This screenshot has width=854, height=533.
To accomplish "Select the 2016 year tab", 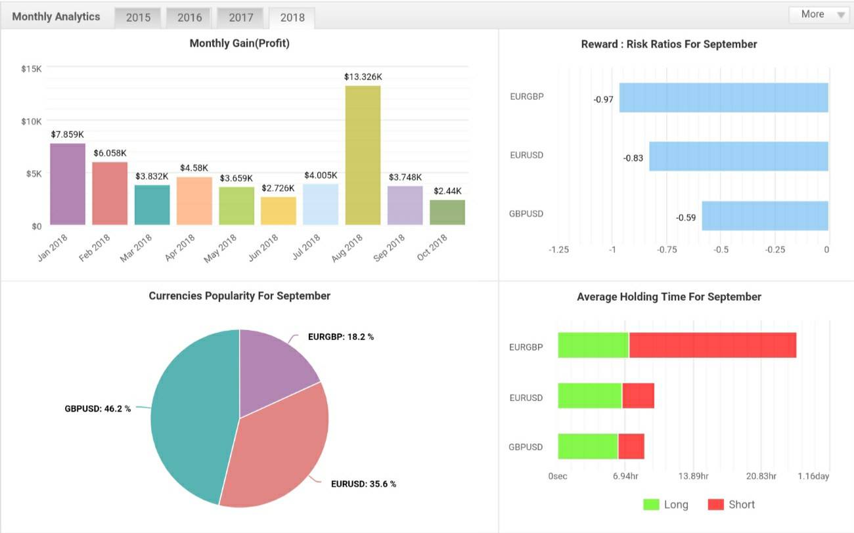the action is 189,18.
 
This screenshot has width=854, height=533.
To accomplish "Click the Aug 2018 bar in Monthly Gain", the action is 363,155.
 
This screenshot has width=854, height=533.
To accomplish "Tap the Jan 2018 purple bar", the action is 68,184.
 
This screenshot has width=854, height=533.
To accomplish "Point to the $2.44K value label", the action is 447,191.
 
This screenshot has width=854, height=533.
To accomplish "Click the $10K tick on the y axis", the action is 32,121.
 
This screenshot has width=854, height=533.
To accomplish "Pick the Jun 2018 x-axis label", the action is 263,247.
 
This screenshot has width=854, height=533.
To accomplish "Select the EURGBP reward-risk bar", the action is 724,98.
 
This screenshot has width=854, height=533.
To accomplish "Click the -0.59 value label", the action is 685,217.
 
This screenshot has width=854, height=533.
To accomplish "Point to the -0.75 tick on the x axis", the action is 666,250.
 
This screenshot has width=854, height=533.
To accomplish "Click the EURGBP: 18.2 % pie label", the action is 341,337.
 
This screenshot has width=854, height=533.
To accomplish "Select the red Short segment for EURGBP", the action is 713,345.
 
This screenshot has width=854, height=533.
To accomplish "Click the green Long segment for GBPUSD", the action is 588,446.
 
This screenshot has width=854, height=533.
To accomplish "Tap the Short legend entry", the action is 731,504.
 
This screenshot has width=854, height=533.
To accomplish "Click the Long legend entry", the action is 665,504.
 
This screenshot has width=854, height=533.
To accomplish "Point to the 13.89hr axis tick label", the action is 693,477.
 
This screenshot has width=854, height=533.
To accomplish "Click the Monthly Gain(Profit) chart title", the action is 239,43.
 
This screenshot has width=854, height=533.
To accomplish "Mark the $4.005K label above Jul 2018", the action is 321,175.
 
